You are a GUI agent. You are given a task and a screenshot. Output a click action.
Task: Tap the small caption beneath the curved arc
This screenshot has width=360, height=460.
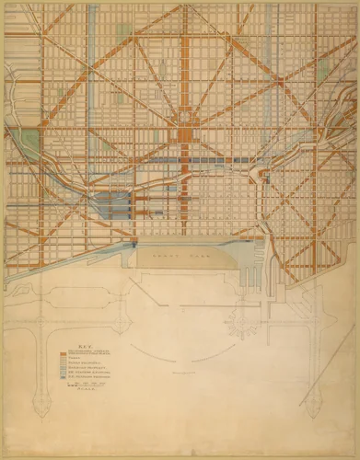tap(184, 374)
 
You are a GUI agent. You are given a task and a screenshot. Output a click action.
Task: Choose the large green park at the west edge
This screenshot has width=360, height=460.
tap(28, 143)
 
